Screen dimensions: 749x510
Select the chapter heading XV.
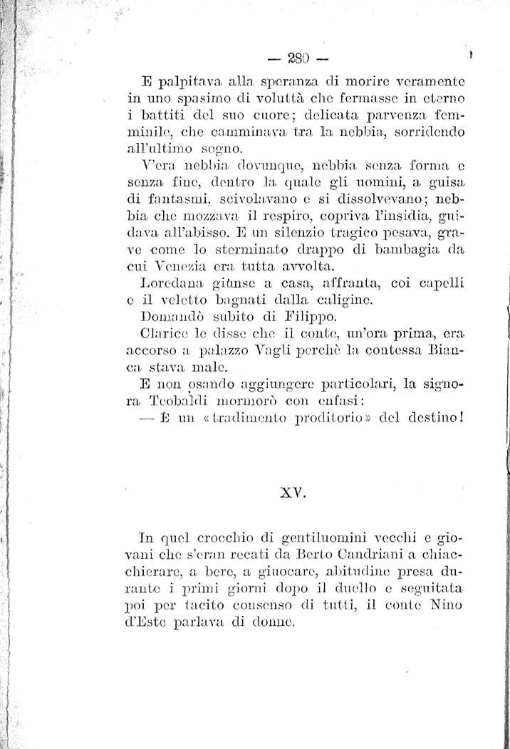pos(293,491)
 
